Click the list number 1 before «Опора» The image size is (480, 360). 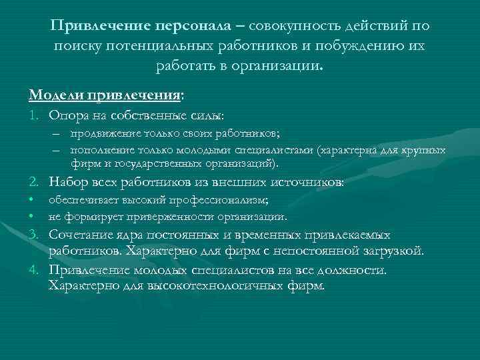pyautogui.click(x=33, y=117)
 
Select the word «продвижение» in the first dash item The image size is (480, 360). pyautogui.click(x=101, y=133)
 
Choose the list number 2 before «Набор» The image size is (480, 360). pyautogui.click(x=33, y=182)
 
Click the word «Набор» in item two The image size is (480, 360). pyautogui.click(x=68, y=182)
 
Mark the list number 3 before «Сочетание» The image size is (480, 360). pyautogui.click(x=33, y=235)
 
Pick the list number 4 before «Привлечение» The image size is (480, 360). pyautogui.click(x=33, y=271)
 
